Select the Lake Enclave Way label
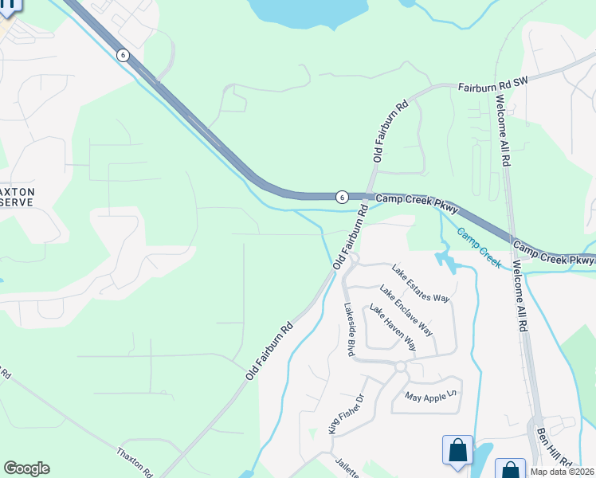click(406, 310)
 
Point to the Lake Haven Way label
click(393, 329)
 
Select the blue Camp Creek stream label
click(479, 248)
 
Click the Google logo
click(26, 468)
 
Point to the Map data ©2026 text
click(563, 472)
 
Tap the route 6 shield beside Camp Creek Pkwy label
click(341, 196)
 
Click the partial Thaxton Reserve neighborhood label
click(17, 197)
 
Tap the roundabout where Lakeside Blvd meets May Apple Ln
click(400, 366)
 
